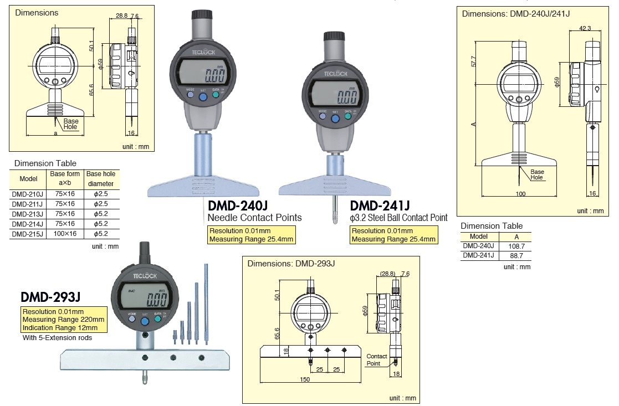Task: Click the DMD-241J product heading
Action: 380,205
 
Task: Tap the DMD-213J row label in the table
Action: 27,214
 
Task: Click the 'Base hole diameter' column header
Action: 100,178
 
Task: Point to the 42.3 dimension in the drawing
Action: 585,28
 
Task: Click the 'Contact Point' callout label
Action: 377,360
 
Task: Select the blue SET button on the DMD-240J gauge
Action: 202,97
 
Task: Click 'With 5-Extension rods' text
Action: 57,337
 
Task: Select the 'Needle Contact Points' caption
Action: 254,218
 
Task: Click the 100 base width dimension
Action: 520,194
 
